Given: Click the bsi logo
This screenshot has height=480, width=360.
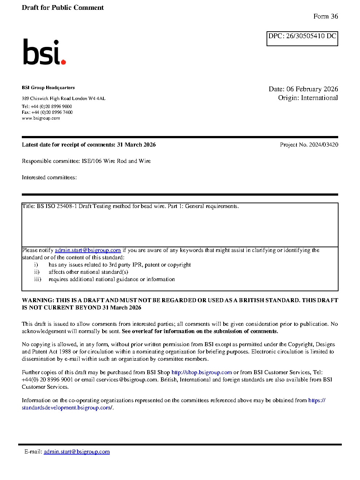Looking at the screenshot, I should click(44, 52).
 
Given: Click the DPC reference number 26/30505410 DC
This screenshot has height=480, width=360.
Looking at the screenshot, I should click(311, 36).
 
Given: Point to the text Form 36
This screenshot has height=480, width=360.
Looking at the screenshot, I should click(325, 16).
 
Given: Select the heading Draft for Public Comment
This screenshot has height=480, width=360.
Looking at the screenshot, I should click(63, 8).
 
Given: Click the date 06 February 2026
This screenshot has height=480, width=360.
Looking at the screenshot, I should click(312, 89).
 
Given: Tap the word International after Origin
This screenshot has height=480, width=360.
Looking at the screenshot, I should click(319, 98).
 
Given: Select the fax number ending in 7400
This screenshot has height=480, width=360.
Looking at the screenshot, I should click(52, 112).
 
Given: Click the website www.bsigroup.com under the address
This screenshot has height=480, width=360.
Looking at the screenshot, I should click(41, 118).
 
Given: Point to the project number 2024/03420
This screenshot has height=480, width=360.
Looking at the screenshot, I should click(323, 145).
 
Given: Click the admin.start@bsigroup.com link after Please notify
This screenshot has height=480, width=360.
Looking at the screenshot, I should click(88, 250).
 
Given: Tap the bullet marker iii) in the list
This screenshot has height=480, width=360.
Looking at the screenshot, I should click(37, 279).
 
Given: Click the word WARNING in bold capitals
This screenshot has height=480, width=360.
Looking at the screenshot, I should click(38, 300).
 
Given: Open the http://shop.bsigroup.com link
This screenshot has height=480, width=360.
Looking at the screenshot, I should click(201, 372).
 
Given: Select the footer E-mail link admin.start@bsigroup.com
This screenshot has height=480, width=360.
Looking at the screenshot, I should click(77, 452).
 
